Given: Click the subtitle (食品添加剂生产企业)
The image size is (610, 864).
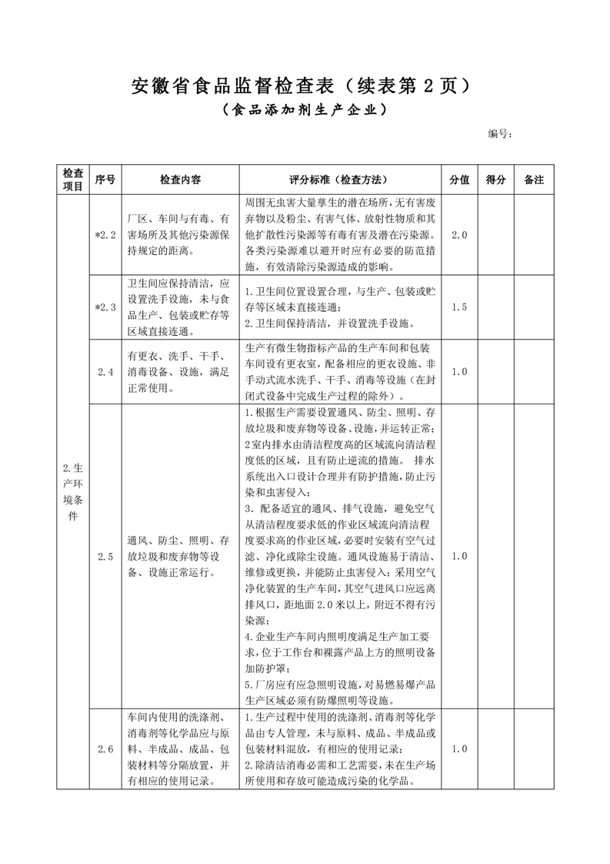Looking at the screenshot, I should (304, 110).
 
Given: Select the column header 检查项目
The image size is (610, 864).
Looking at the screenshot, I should (73, 179).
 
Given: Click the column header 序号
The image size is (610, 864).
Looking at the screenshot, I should (105, 179).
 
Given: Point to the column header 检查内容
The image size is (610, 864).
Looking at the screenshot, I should (181, 179).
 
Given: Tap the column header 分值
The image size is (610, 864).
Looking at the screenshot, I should (460, 179).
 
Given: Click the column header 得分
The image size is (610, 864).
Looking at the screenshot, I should (497, 179).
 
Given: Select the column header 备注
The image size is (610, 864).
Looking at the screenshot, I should (534, 179).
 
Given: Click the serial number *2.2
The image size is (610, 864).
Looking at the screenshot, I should (105, 234).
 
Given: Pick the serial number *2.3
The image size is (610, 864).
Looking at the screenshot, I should (105, 306).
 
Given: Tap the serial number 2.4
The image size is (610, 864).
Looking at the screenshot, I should (105, 371).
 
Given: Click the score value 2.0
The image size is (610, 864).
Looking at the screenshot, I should (460, 234).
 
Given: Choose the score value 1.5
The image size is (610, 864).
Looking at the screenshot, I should (460, 306).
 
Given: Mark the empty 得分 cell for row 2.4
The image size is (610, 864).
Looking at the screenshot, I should (497, 371).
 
